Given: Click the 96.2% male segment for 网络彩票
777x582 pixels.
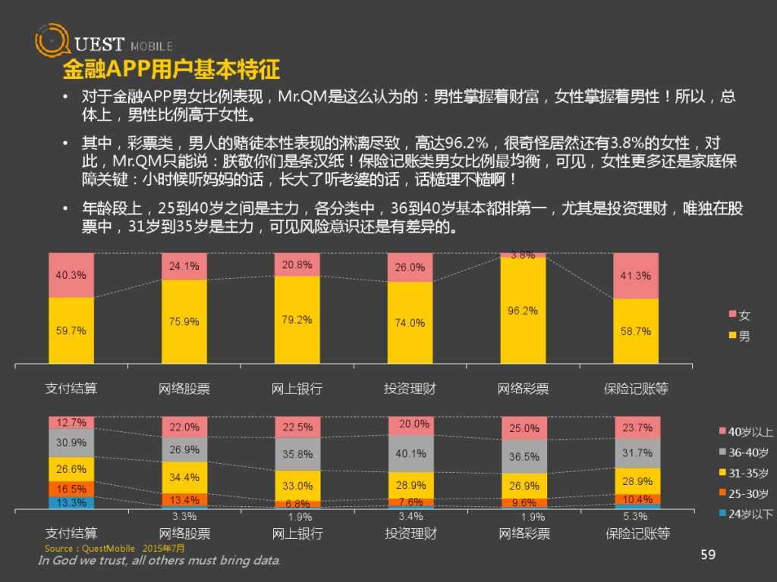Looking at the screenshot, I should click(x=523, y=311).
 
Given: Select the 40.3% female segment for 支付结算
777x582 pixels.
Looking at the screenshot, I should click(x=71, y=275).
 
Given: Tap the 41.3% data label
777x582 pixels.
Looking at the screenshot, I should click(x=635, y=276).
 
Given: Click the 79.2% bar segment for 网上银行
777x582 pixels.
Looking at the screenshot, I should click(x=297, y=320).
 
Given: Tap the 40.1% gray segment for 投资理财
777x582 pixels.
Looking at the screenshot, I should click(x=410, y=454).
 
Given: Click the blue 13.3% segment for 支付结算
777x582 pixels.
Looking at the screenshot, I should click(x=71, y=502).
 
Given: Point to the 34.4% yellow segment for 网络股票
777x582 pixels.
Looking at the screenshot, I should click(x=184, y=477).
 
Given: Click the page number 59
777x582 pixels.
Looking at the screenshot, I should click(x=708, y=555).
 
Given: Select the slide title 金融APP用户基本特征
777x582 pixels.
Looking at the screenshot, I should click(x=171, y=70).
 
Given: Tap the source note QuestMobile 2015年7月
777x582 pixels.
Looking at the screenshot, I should click(x=114, y=548).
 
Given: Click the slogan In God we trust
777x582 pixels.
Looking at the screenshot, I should click(x=159, y=561).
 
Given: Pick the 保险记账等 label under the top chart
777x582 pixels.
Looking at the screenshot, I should click(x=636, y=389).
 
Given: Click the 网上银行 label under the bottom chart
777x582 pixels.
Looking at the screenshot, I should click(x=297, y=533).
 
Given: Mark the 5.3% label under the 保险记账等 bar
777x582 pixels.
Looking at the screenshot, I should click(x=636, y=517).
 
